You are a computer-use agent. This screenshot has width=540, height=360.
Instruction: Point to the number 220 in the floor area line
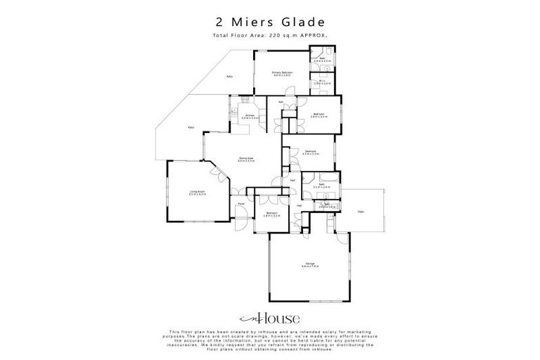tap(288, 35)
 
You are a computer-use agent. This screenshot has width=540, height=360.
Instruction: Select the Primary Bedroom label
tap(283, 73)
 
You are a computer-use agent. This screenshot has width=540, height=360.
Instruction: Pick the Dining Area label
tap(245, 159)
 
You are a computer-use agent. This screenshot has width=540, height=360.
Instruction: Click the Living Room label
tap(196, 191)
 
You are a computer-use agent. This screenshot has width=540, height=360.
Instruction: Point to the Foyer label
tap(240, 204)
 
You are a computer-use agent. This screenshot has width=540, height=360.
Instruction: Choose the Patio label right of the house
tap(361, 211)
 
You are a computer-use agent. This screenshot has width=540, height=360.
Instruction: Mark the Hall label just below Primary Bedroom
tap(281, 103)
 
